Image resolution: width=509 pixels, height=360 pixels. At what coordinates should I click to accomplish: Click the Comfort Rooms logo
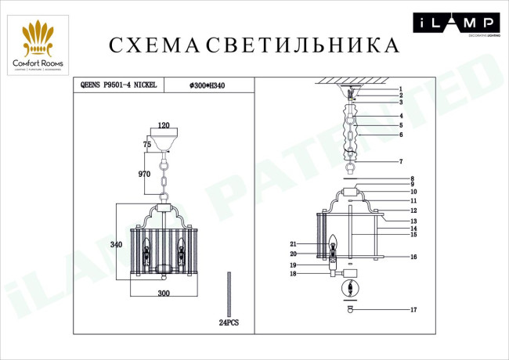tap(37, 48)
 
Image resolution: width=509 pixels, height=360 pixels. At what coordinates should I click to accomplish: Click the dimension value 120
tap(163, 125)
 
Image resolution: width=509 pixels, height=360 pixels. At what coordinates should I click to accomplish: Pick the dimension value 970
tap(143, 175)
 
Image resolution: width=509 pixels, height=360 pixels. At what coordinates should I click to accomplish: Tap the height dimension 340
tap(116, 245)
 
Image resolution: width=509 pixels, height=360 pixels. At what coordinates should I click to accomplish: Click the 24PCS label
tap(228, 323)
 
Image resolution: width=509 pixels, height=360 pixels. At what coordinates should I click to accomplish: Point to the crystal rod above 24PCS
tap(228, 293)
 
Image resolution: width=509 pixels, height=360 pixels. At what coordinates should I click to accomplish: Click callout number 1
tap(399, 89)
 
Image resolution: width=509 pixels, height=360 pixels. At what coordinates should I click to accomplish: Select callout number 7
tap(399, 161)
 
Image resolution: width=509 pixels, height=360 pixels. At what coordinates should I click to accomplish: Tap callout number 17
tap(413, 311)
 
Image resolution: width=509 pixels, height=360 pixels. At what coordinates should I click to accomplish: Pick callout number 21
tap(293, 244)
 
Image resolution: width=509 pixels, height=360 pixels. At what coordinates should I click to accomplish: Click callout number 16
tap(413, 257)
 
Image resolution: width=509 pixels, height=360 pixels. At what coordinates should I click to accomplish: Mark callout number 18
tap(293, 274)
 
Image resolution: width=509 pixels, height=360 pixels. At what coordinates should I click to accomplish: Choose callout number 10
tap(413, 192)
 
